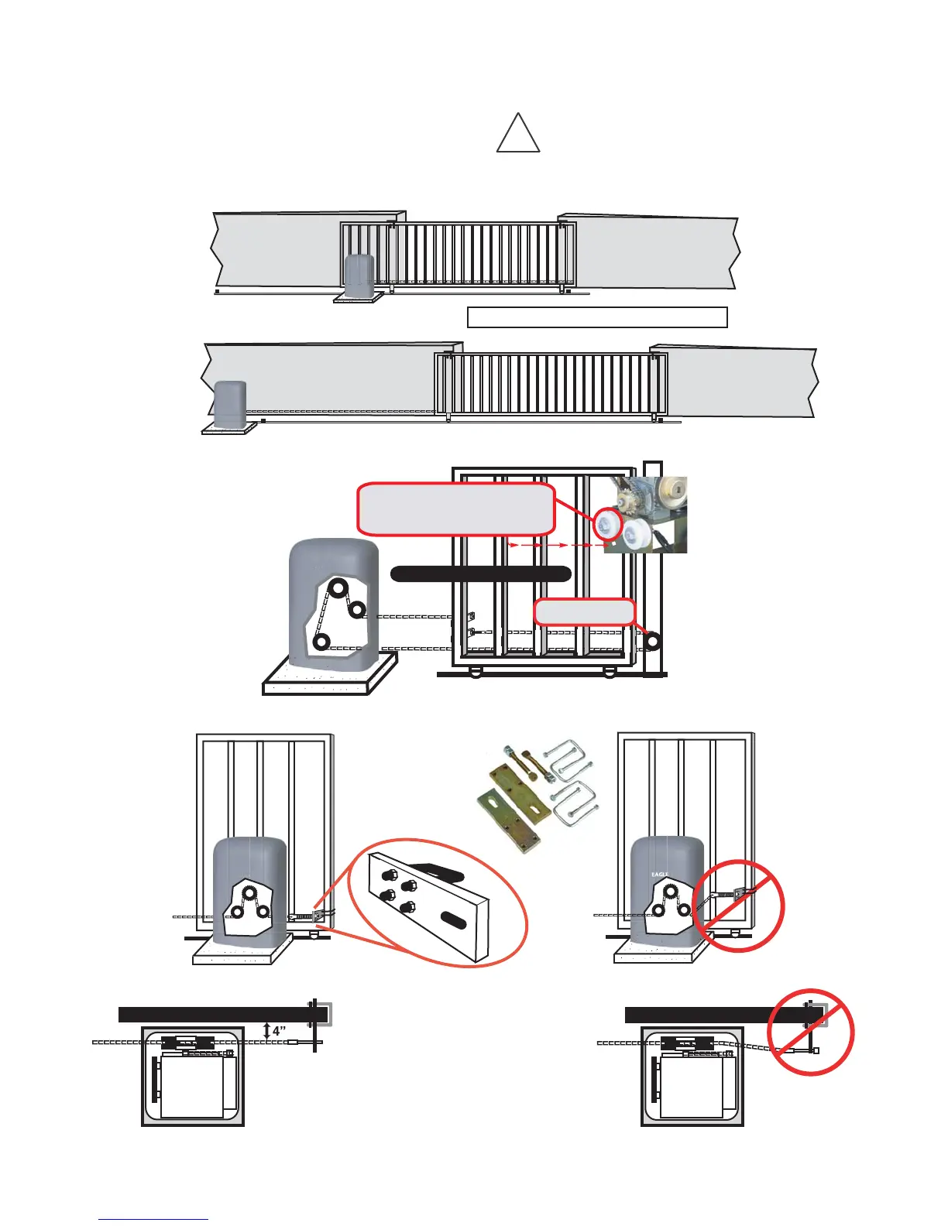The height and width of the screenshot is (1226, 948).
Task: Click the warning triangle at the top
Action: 517,135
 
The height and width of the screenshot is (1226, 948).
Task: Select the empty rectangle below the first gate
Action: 597,317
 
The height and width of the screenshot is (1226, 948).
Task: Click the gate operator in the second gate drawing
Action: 230,403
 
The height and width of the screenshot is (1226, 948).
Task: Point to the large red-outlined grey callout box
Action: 456,509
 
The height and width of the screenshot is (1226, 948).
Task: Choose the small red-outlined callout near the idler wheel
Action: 585,611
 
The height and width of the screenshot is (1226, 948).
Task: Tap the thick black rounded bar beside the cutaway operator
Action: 480,574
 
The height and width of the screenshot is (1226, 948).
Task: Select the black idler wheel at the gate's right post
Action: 652,641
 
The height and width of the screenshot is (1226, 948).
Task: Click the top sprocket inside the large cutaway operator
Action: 338,587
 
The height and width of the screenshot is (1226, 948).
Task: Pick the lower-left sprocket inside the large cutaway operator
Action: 321,642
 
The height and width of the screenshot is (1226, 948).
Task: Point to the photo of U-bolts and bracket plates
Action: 535,797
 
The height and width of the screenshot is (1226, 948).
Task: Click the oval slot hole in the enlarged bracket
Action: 457,919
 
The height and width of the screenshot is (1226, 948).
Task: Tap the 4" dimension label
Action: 280,1032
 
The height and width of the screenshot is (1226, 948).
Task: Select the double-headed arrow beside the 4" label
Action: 267,1031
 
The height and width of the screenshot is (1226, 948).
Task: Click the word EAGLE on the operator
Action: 660,875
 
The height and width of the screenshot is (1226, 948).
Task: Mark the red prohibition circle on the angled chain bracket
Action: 738,906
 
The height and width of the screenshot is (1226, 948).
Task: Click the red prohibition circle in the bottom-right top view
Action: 810,1032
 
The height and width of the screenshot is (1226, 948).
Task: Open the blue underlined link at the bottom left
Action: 153,1219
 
